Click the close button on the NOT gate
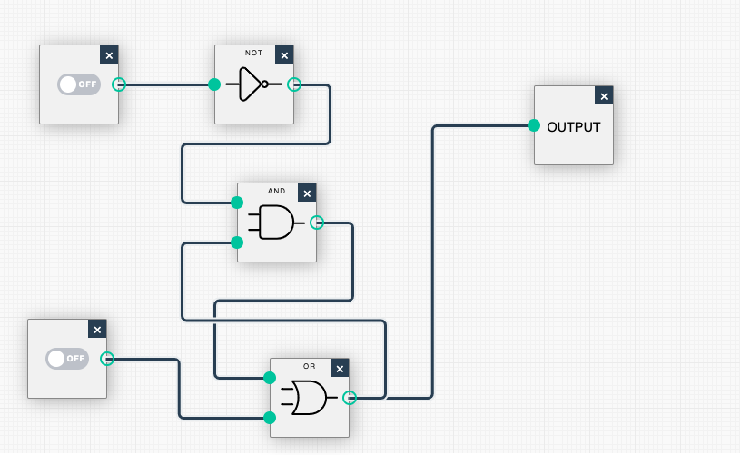(284, 55)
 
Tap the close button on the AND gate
(307, 193)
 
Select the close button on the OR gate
(340, 369)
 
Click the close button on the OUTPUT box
(604, 96)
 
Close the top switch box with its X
(109, 55)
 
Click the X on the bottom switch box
(97, 330)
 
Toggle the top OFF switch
(78, 84)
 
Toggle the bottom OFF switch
(66, 358)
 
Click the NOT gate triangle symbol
(252, 84)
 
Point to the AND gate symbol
(276, 223)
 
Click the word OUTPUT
(574, 127)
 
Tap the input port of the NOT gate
(214, 84)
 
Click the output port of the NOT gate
(294, 84)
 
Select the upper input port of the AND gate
(237, 202)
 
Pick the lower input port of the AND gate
(237, 242)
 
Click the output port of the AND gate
(317, 223)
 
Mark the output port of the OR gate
(350, 397)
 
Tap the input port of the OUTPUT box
(534, 125)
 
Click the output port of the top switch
(119, 84)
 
